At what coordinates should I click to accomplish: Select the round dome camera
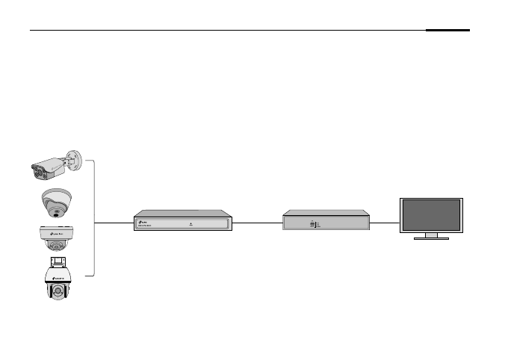tap(56, 202)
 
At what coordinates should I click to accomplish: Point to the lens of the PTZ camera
tap(57, 291)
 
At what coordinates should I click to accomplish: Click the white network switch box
tap(182, 220)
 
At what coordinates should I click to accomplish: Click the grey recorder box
tap(326, 221)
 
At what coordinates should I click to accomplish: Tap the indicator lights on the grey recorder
tap(315, 224)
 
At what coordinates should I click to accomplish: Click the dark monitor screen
tap(431, 214)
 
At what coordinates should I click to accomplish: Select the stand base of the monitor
tap(431, 238)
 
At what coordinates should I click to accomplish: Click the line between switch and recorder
tap(257, 223)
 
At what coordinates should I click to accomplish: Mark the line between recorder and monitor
tap(385, 223)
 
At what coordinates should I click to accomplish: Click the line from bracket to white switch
tap(114, 223)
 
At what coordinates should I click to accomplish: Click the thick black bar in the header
tap(448, 31)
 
